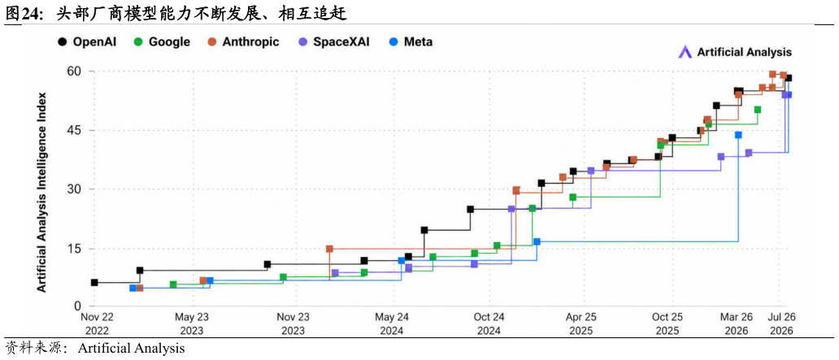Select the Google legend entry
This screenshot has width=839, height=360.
[162, 41]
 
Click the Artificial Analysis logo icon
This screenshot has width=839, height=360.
[685, 52]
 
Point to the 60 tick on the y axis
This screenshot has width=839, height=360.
[74, 72]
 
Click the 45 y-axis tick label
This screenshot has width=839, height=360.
[74, 131]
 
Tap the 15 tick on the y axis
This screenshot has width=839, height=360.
[74, 249]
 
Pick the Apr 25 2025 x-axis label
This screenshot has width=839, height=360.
[580, 323]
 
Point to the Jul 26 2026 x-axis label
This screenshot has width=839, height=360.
[782, 323]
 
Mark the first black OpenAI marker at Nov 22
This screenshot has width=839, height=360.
[94, 283]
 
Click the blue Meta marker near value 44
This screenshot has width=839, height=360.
[738, 135]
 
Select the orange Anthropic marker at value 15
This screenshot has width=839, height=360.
[329, 249]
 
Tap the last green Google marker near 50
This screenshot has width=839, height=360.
[758, 110]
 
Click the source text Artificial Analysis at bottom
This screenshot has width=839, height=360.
[131, 349]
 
